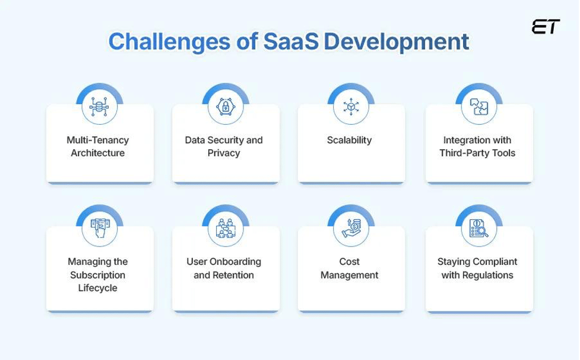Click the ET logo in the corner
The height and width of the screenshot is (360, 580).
pyautogui.click(x=546, y=27)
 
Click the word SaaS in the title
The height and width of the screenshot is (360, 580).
pyautogui.click(x=291, y=41)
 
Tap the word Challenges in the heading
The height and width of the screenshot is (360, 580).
pyautogui.click(x=169, y=42)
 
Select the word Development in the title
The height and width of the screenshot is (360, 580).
pyautogui.click(x=397, y=42)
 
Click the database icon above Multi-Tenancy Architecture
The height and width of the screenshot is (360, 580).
pyautogui.click(x=99, y=106)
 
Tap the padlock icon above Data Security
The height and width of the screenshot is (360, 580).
pyautogui.click(x=225, y=106)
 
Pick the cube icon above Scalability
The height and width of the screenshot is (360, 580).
pyautogui.click(x=351, y=106)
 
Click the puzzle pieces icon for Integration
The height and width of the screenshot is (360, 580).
pyautogui.click(x=479, y=106)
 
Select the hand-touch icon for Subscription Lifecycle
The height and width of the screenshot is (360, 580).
pyautogui.click(x=100, y=228)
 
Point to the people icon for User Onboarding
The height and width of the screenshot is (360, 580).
pyautogui.click(x=225, y=228)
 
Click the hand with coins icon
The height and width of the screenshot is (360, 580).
pyautogui.click(x=351, y=228)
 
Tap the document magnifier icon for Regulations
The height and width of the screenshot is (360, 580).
pyautogui.click(x=478, y=228)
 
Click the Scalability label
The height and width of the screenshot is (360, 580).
pyautogui.click(x=349, y=140)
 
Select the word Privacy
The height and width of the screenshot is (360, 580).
pyautogui.click(x=224, y=153)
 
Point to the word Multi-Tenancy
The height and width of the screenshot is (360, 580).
pyautogui.click(x=97, y=140)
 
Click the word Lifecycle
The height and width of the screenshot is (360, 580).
pyautogui.click(x=97, y=288)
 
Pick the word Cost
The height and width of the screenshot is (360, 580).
pyautogui.click(x=349, y=261)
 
